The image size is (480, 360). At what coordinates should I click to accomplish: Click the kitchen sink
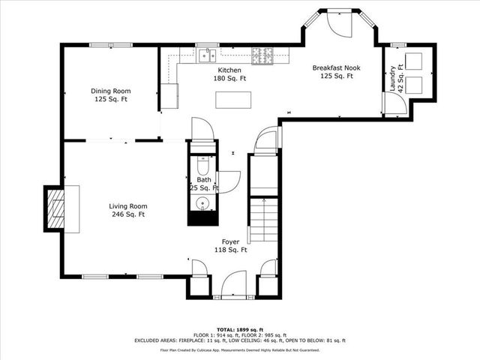(208, 55)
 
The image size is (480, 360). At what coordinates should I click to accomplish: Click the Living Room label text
(127, 210)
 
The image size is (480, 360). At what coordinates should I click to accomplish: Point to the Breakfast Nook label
(337, 72)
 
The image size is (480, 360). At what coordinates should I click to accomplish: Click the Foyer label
(231, 246)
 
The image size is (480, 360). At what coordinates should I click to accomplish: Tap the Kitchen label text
(208, 73)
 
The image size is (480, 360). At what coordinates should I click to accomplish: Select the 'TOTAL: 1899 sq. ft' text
(239, 330)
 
